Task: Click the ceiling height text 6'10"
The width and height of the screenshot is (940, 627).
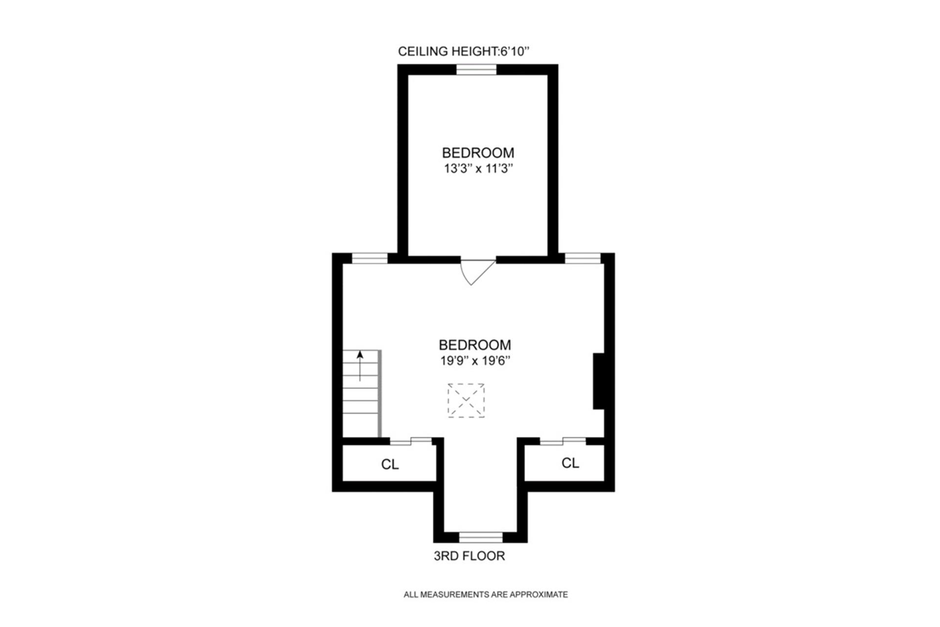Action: (515, 51)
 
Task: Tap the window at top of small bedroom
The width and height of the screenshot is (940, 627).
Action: (476, 70)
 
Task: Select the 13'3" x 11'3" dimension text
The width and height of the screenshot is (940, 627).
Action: (478, 169)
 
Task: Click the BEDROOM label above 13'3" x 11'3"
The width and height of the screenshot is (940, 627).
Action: (478, 152)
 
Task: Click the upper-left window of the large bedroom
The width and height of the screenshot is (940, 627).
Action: (370, 258)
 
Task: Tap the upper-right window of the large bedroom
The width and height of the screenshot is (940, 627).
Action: (582, 258)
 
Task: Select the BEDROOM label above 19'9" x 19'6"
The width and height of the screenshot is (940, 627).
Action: (474, 344)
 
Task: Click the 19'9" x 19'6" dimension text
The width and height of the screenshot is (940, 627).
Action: (475, 361)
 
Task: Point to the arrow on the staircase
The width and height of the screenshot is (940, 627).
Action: (360, 365)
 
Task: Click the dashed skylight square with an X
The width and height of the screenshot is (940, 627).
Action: (466, 400)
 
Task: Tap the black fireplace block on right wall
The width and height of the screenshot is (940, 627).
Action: (598, 381)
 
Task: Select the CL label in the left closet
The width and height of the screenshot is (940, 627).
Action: (390, 464)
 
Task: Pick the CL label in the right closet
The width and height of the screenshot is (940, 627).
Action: (570, 463)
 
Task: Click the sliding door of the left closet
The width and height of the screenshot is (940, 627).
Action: (411, 441)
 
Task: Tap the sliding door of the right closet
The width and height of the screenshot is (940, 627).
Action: (563, 441)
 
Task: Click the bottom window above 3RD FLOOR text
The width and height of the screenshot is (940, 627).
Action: (481, 537)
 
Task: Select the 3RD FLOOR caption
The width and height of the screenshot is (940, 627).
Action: (469, 556)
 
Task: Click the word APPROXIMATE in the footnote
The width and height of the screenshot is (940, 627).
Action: (539, 595)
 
